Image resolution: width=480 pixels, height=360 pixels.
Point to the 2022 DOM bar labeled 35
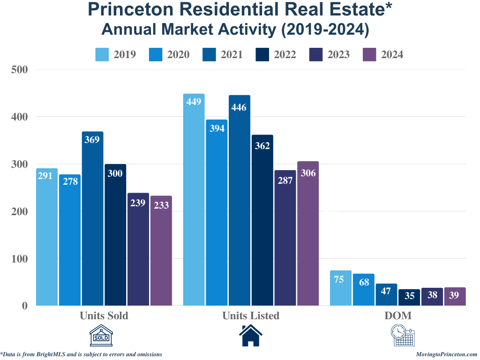coord(409,297)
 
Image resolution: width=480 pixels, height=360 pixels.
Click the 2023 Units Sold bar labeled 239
coord(138,249)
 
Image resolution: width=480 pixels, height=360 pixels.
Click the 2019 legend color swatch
coord(102,54)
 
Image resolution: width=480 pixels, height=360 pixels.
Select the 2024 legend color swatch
coord(370,54)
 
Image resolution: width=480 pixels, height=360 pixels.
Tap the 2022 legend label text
coord(285,54)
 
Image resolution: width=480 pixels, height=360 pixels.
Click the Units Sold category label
coord(104,315)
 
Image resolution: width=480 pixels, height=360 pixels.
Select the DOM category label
coord(398,315)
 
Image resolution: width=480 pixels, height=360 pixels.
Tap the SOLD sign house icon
coord(102,336)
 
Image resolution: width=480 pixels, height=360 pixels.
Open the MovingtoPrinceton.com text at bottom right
coord(446,354)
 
